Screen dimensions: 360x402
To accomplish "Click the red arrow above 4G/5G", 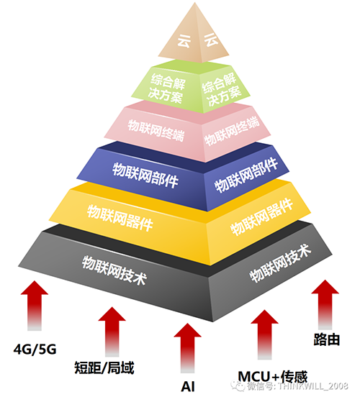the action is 35,306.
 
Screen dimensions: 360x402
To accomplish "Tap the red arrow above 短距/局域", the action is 112,332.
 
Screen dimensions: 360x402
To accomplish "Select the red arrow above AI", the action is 188,348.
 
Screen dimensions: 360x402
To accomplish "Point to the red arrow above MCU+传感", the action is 264,334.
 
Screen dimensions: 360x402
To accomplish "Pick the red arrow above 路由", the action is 325,305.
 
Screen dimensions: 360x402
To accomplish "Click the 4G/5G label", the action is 35,350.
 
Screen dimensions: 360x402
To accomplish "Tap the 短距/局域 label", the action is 104,368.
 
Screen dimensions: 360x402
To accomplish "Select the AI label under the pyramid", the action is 188,386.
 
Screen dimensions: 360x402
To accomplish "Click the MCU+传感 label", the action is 273,377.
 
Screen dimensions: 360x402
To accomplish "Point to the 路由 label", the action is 327,339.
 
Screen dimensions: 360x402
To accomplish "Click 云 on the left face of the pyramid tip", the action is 184,41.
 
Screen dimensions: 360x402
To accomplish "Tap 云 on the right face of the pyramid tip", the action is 211,40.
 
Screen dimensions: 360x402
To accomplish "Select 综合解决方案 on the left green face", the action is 167,88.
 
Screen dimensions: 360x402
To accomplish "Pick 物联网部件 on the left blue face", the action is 145,175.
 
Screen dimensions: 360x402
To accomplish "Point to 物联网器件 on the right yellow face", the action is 262,217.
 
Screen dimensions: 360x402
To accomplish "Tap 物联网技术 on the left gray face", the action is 114,270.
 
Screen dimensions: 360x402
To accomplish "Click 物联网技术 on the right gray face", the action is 281,263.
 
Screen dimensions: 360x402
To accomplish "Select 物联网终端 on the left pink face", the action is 156,130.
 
